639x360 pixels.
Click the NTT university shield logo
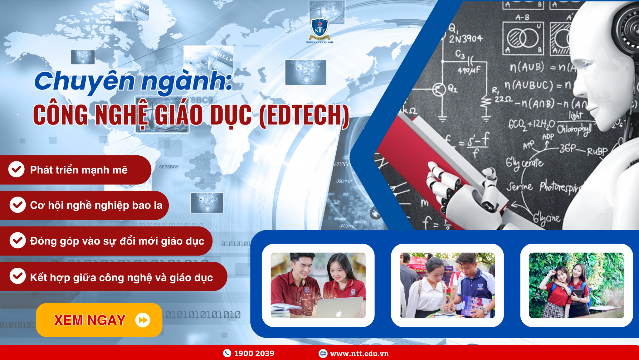coord(319,28)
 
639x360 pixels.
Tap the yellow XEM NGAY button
coord(99,320)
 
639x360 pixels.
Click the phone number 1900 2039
coord(254,353)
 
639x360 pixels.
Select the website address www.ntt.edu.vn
coord(359,353)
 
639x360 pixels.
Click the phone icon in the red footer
coord(227,353)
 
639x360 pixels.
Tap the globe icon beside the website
coord(323,353)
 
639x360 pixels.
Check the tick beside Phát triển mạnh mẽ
coord(16,169)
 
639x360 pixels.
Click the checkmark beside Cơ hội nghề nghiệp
coord(17,205)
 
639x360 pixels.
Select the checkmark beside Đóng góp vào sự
coord(17,240)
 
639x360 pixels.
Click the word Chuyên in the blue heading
coord(84,81)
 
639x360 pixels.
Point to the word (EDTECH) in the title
coord(304,115)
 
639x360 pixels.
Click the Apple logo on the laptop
coord(339,314)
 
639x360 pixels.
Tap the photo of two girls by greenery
coord(576,285)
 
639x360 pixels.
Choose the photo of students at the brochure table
coord(447,285)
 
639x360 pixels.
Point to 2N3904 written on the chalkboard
coord(466,39)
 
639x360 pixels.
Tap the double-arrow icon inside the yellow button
coord(143,320)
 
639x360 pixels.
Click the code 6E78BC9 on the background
coord(169,167)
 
